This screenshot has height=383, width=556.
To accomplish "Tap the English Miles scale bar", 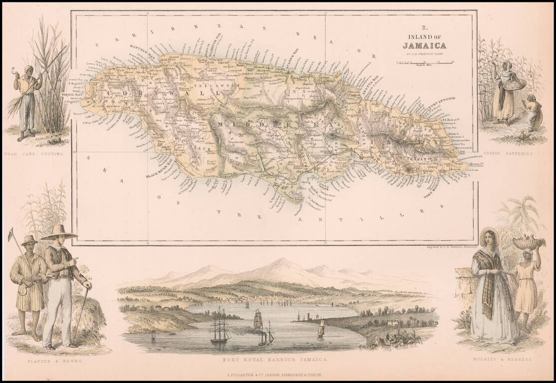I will [x=424, y=62].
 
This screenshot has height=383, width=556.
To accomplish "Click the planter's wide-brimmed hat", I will [x=60, y=232].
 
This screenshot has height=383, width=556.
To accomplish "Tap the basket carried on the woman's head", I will [x=528, y=242].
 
